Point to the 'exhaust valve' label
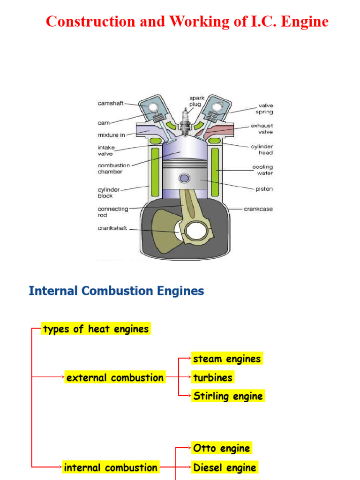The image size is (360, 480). click(x=262, y=129)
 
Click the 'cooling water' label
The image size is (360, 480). click(x=262, y=170)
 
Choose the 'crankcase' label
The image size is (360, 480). click(x=258, y=209)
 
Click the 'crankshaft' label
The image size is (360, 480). click(x=112, y=228)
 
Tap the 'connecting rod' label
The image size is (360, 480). click(x=112, y=212)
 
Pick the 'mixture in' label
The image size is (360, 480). click(x=111, y=135)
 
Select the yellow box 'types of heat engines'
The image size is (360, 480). click(x=96, y=329)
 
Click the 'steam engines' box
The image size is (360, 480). click(x=226, y=359)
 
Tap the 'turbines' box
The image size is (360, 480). click(x=213, y=377)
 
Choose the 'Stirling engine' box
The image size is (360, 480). click(x=228, y=396)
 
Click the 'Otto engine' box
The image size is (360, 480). click(x=221, y=448)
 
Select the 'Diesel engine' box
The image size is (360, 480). click(x=225, y=467)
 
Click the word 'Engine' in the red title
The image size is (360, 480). click(x=303, y=22)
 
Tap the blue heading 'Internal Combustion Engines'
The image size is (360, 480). click(x=116, y=291)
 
